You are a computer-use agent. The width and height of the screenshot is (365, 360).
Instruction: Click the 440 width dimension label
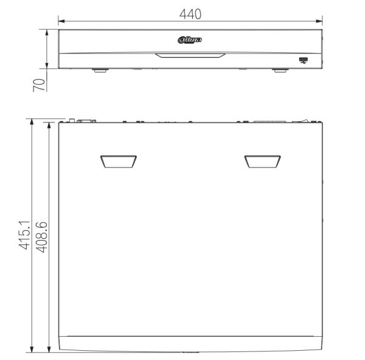tap(190, 14)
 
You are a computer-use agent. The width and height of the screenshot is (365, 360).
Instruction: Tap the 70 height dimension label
tap(39, 85)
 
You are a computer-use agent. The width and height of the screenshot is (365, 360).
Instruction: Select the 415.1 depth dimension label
tap(24, 235)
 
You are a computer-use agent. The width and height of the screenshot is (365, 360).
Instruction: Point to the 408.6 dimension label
tap(41, 238)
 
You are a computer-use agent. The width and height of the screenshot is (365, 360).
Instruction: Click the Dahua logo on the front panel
tap(190, 40)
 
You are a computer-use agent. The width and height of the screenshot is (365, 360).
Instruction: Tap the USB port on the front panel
tap(304, 60)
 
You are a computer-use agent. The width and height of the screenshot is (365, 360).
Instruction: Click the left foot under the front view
tap(100, 70)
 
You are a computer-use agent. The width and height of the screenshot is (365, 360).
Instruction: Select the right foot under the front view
tap(280, 70)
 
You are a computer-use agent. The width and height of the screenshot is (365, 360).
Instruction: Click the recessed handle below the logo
tap(190, 55)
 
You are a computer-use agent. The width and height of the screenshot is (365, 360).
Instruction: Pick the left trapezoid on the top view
tap(119, 161)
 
